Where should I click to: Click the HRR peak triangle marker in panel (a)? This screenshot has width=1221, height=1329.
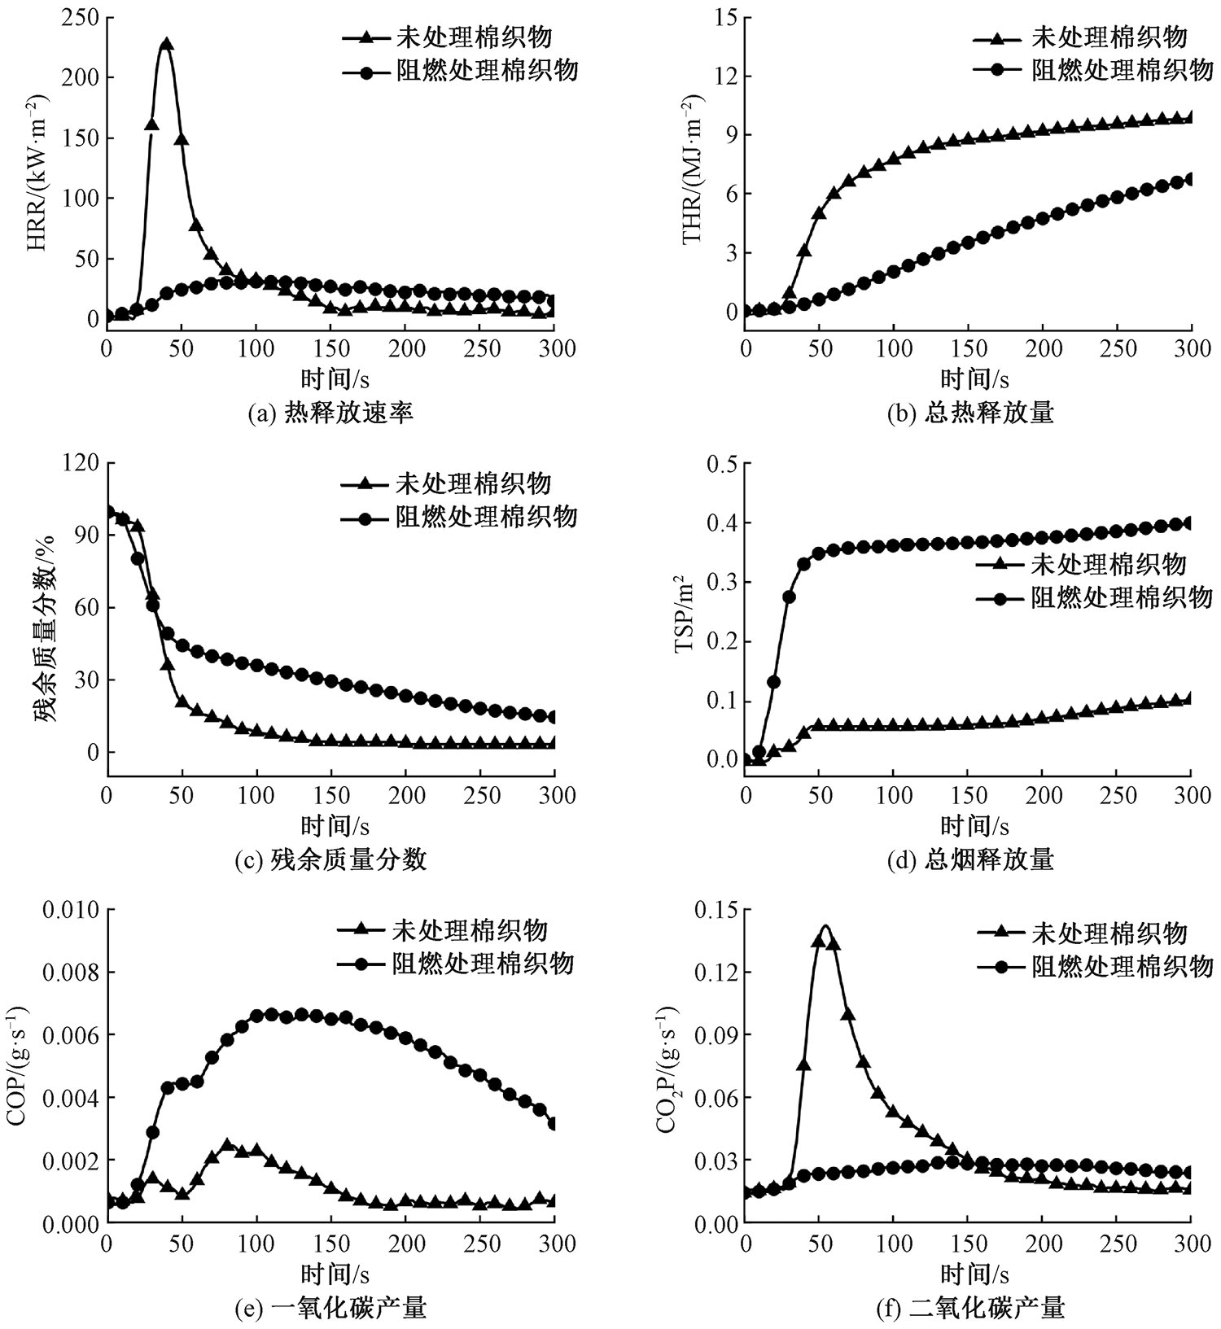click(x=166, y=44)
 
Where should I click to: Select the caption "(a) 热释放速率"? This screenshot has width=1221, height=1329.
click(x=330, y=413)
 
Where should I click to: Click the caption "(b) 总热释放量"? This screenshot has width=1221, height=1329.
click(x=970, y=413)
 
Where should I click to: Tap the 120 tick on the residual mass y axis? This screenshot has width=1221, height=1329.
click(x=81, y=463)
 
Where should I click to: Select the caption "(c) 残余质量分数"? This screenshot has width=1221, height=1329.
click(x=330, y=859)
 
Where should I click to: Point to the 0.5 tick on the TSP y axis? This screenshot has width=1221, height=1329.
click(x=719, y=463)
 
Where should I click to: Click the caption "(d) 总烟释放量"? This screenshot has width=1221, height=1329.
click(x=970, y=859)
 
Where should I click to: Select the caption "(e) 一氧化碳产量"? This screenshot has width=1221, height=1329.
click(x=330, y=1307)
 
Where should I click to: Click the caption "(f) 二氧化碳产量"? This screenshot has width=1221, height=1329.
click(x=970, y=1307)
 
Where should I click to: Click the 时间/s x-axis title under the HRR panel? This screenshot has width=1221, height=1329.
click(x=335, y=379)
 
